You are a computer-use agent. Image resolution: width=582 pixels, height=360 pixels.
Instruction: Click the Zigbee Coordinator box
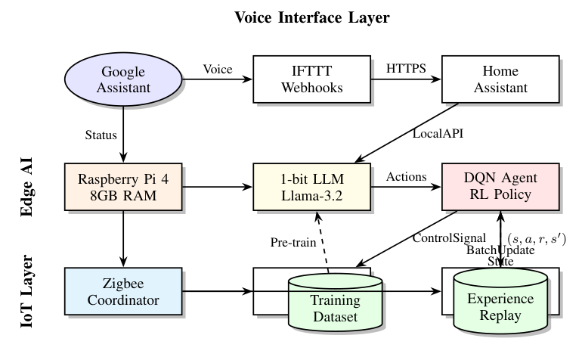pos(122,290)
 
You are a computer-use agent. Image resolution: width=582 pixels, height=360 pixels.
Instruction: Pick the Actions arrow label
pos(407,176)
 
